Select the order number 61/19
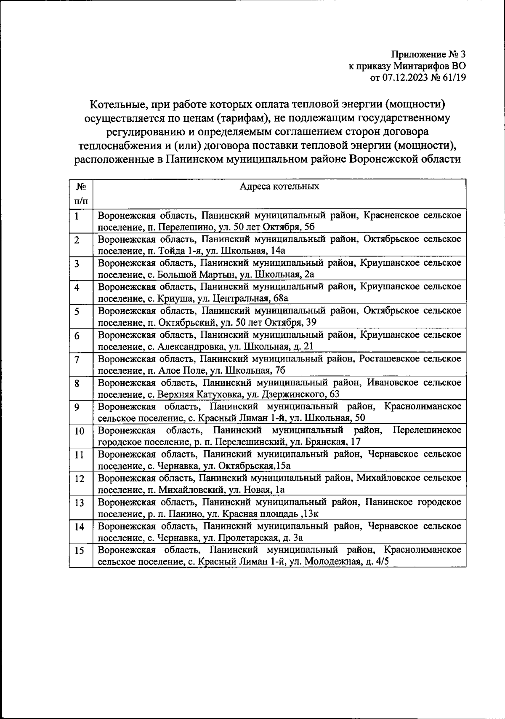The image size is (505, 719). (x=452, y=77)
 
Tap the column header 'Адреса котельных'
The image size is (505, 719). (x=279, y=186)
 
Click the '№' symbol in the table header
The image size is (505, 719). (x=81, y=187)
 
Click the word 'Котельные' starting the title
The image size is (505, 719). (x=115, y=103)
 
